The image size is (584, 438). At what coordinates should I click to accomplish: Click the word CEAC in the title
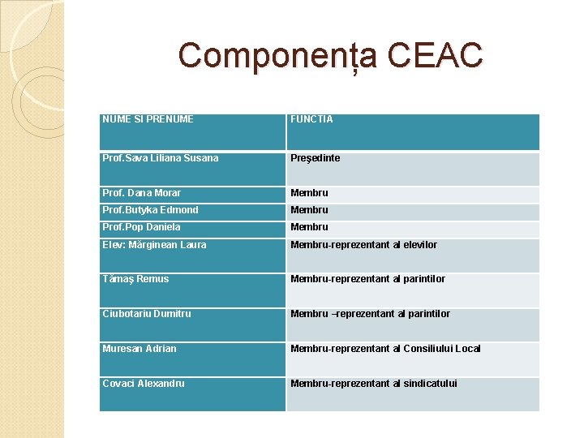(x=435, y=56)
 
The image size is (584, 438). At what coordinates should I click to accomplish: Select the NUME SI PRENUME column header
(x=148, y=119)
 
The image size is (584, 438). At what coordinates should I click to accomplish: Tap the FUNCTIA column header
(x=312, y=119)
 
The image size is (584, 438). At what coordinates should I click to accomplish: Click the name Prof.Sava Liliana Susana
(x=161, y=158)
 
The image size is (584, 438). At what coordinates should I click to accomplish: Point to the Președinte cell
(x=316, y=158)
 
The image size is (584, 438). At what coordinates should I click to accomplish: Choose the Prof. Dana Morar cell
(x=142, y=193)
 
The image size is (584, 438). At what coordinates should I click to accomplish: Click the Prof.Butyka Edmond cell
(x=150, y=210)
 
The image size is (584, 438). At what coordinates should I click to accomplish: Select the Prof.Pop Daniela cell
(x=141, y=227)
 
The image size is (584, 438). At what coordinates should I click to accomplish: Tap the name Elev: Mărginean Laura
(x=154, y=245)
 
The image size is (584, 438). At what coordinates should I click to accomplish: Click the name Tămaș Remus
(x=135, y=279)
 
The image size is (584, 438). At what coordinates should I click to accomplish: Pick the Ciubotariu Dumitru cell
(x=148, y=314)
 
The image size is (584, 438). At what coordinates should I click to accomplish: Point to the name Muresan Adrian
(x=140, y=349)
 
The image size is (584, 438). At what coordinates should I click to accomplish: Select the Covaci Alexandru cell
(x=144, y=384)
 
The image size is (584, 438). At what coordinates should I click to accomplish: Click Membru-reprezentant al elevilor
(x=363, y=245)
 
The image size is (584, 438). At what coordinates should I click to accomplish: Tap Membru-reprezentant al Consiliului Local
(x=385, y=349)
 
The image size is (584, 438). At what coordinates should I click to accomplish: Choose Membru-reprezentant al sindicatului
(x=374, y=384)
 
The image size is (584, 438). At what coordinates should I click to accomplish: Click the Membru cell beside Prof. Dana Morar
(x=310, y=193)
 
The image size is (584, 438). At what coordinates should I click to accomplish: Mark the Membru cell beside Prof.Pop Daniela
(x=310, y=227)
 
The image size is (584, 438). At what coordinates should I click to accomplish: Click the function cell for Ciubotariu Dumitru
(x=370, y=314)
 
